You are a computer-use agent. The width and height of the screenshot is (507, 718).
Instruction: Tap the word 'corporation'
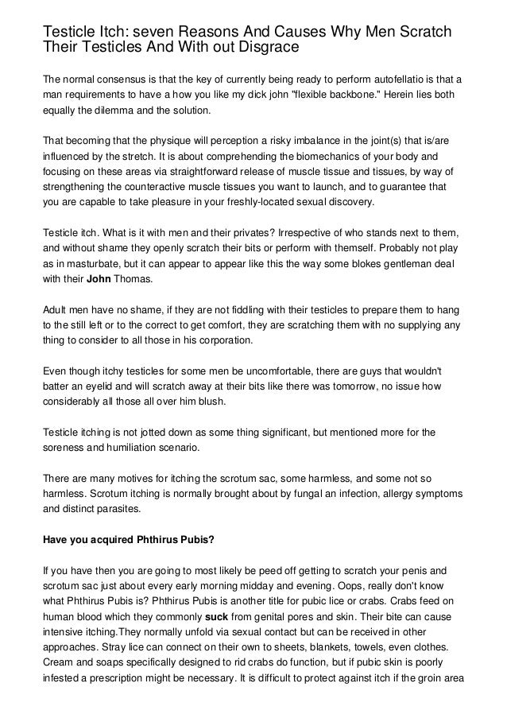pos(219,340)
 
